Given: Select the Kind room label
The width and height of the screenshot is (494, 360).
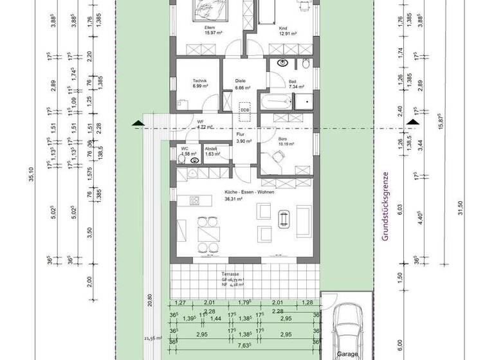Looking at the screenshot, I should coord(282,29).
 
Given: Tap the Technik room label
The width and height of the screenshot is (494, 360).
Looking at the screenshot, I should coord(199,81).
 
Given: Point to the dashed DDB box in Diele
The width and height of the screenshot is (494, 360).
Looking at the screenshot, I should coord(244,109).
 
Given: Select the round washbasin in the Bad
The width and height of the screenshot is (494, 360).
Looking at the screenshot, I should coord(282,63).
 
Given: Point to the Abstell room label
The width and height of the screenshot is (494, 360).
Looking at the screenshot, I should coord(212,149).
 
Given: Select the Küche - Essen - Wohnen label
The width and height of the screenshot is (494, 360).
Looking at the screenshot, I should coord(242,193).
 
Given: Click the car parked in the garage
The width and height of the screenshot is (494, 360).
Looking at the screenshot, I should coord(347,329).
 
